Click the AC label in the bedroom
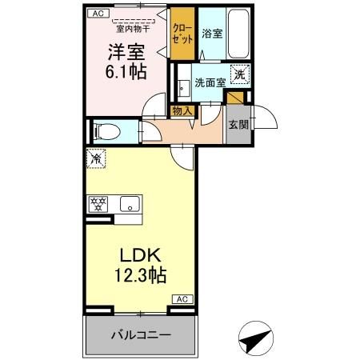click(x=98, y=14)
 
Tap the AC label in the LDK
click(x=182, y=299)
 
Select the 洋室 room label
click(x=126, y=52)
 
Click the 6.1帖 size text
click(x=126, y=72)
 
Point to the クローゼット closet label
click(x=182, y=34)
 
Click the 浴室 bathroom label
click(x=212, y=34)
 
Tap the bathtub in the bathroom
click(x=238, y=34)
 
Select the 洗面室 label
click(x=210, y=82)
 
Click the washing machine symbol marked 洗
click(x=239, y=75)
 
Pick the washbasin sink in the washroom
click(x=184, y=88)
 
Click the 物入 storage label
click(x=182, y=111)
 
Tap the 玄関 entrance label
click(x=238, y=125)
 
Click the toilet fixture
click(x=106, y=132)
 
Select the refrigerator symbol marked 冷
click(x=96, y=158)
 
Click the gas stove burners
click(x=98, y=204)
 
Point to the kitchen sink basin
click(x=130, y=204)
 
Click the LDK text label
click(x=140, y=255)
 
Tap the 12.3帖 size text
click(x=141, y=275)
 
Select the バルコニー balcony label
click(x=141, y=334)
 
